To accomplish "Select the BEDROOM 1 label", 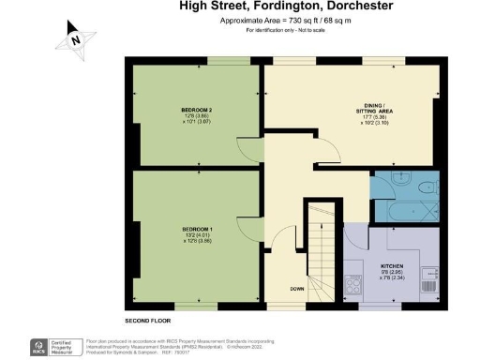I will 196,229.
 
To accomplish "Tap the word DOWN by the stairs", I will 295,289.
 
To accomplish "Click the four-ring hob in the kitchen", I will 355,282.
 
